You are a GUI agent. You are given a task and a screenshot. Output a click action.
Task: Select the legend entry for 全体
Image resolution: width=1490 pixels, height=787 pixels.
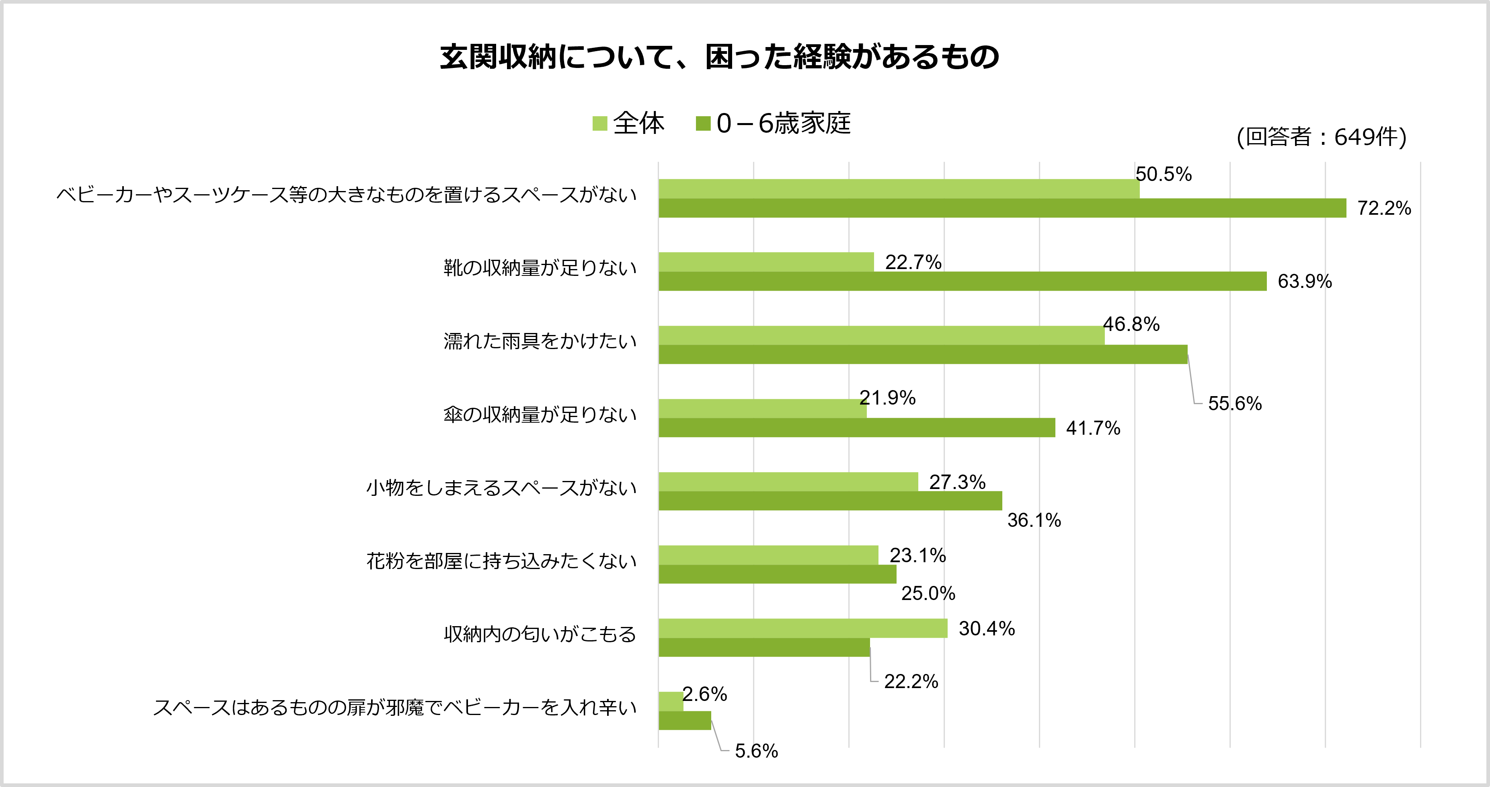click(x=629, y=123)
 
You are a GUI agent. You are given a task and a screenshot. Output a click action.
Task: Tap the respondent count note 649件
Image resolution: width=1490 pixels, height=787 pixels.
click(x=1321, y=137)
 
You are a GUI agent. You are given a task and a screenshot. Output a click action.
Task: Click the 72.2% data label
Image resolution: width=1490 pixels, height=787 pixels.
click(x=1384, y=208)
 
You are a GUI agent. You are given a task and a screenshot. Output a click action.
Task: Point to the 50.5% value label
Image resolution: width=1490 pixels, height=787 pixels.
click(x=1163, y=174)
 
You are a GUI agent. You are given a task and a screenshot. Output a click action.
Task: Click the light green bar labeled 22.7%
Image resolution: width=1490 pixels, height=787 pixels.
click(x=766, y=262)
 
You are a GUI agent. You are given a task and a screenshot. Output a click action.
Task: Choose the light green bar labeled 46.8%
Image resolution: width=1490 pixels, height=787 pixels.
click(x=881, y=336)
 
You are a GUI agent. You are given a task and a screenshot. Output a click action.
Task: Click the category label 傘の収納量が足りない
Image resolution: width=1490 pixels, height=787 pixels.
click(x=540, y=415)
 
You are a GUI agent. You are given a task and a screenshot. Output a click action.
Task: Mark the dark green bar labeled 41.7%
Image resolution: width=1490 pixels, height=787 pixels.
click(x=857, y=427)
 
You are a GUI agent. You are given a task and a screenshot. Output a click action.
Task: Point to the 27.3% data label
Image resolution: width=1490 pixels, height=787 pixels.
click(x=957, y=482)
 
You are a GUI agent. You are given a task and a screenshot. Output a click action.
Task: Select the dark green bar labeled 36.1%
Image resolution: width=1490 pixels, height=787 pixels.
click(x=830, y=501)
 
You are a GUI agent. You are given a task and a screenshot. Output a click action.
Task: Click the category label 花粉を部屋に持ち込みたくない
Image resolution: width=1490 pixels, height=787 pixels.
click(x=501, y=561)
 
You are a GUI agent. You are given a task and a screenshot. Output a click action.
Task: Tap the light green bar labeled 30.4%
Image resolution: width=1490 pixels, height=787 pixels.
click(x=803, y=629)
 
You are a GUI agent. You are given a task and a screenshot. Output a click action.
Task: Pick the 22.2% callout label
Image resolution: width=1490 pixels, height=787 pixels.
click(x=911, y=682)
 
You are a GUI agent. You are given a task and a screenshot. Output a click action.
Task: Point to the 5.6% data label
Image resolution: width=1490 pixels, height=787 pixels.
click(x=756, y=751)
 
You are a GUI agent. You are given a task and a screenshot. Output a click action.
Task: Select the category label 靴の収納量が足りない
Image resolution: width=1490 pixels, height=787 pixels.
click(x=540, y=268)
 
